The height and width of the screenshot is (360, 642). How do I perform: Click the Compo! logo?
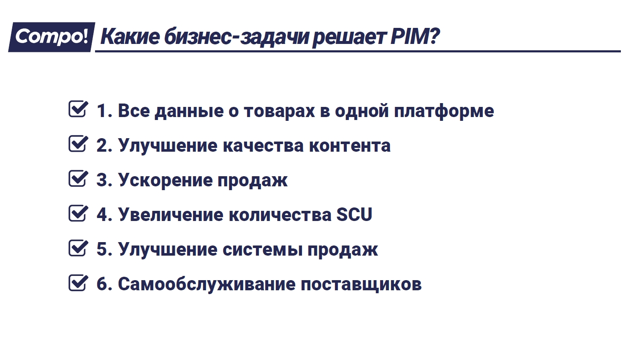(52, 37)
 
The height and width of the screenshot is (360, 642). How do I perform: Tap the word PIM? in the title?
(415, 36)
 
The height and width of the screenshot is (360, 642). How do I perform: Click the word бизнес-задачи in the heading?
(236, 37)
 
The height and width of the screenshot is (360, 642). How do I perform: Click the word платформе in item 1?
(444, 111)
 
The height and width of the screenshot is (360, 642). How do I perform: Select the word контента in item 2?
(350, 146)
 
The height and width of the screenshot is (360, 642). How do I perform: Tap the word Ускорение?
(165, 180)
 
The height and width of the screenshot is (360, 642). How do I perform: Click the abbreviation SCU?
(354, 214)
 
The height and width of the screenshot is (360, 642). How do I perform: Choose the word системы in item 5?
(263, 249)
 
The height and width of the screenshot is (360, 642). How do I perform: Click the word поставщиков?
(361, 284)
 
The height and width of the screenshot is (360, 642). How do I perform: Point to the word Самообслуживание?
(207, 284)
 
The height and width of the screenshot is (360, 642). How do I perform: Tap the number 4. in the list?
(104, 214)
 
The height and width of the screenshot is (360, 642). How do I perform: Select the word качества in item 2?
(263, 146)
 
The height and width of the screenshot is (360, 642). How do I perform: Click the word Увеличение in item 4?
(171, 214)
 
